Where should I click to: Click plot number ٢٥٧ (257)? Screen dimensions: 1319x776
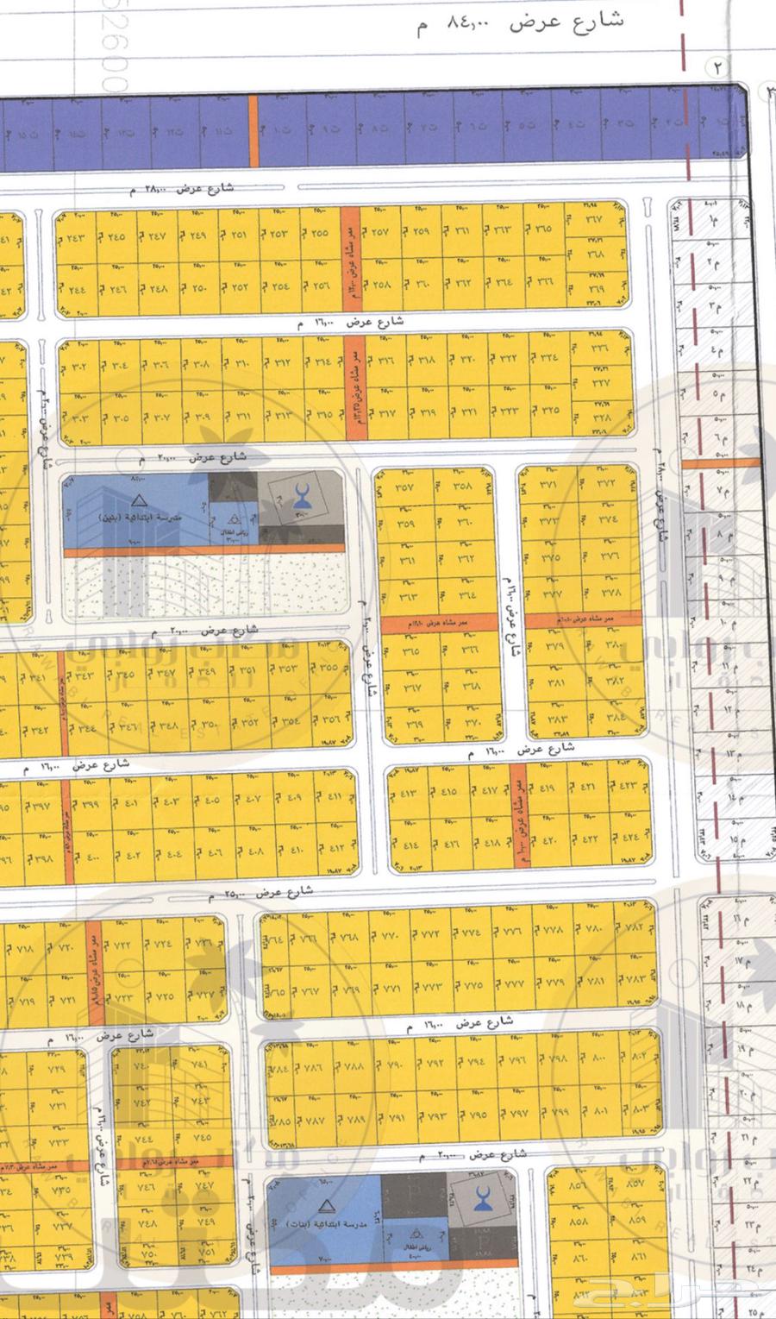point(380,232)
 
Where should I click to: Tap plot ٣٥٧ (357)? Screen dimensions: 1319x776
point(404,487)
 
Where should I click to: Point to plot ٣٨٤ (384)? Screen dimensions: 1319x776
point(616,717)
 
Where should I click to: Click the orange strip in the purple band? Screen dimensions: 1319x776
point(253,130)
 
